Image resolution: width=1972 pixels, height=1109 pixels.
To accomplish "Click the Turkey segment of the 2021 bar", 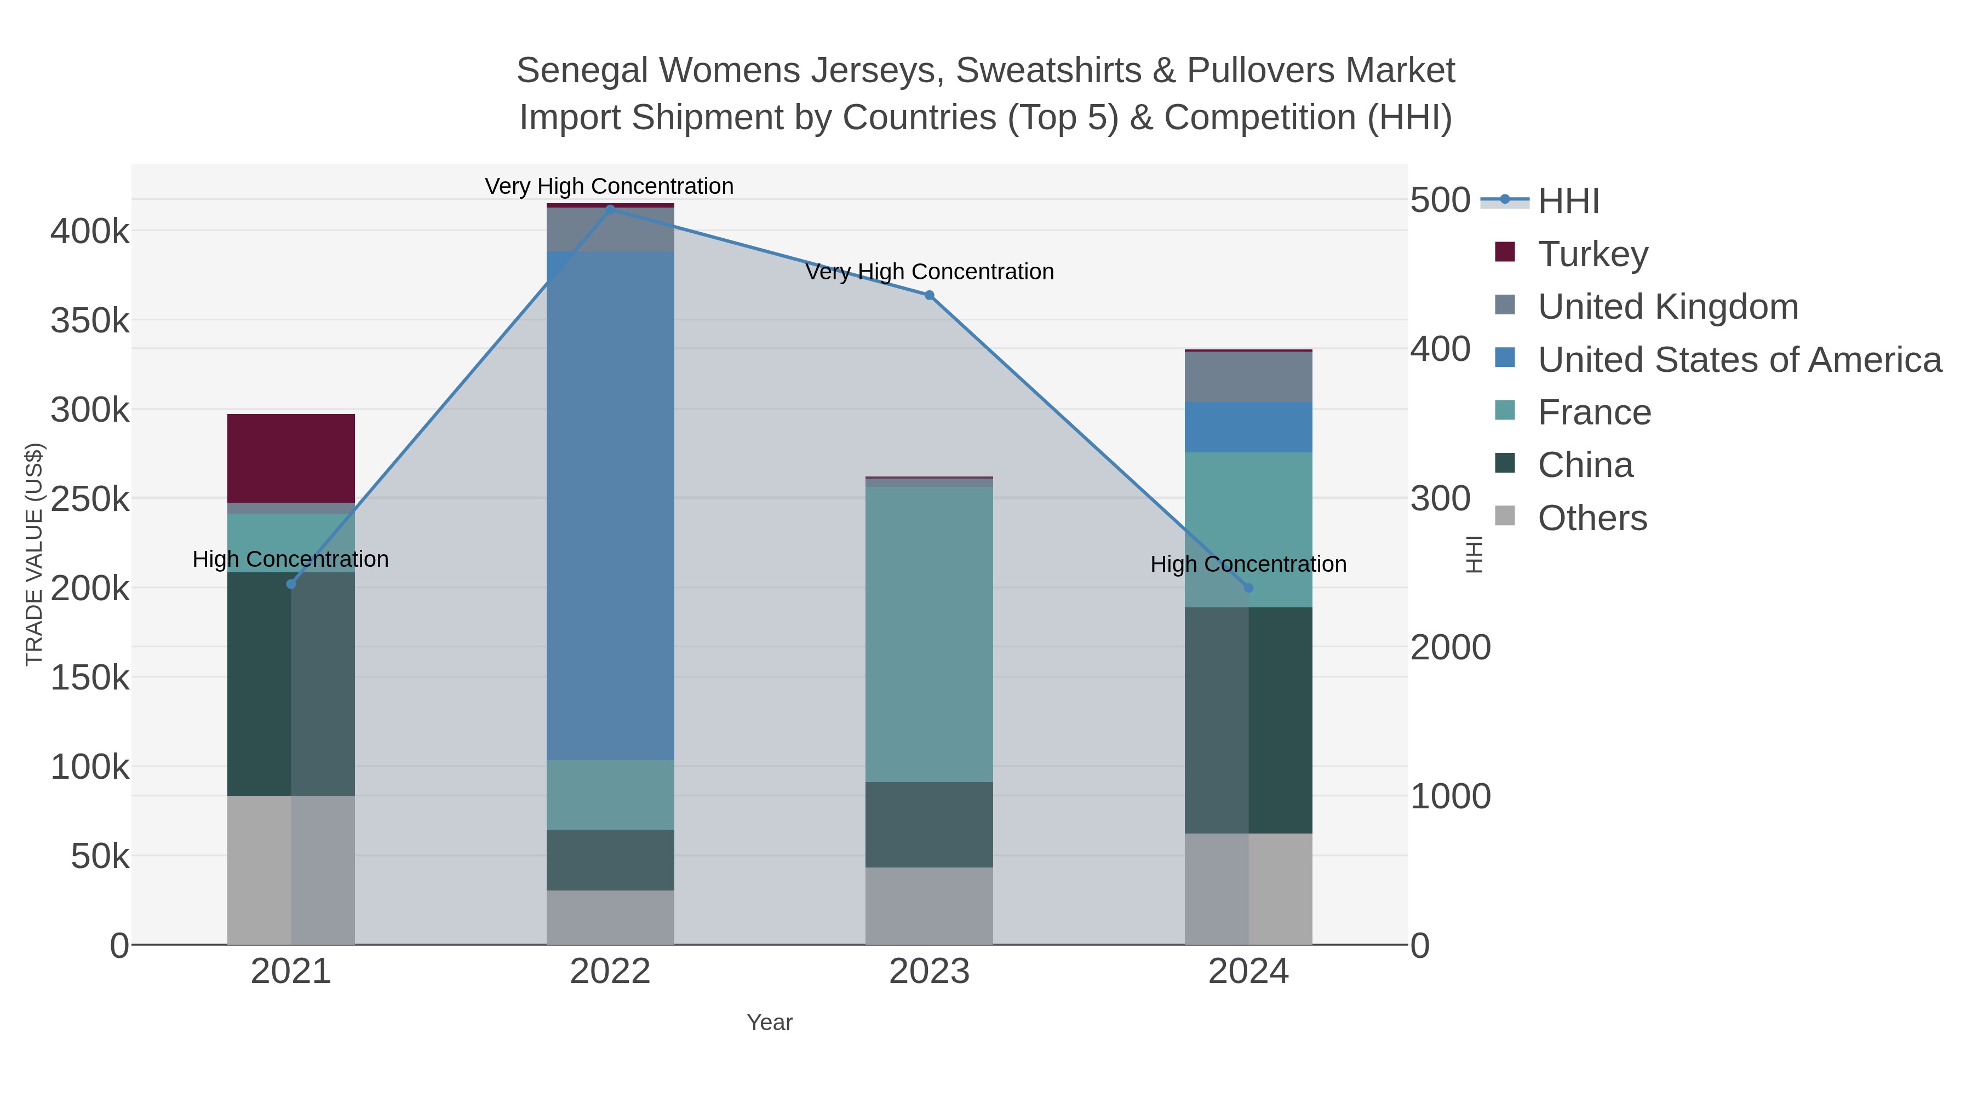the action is (x=291, y=458).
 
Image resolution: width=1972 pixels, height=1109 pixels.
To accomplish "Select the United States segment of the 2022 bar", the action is (x=610, y=505).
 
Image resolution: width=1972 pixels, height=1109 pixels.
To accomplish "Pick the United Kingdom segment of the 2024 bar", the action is (x=1248, y=377).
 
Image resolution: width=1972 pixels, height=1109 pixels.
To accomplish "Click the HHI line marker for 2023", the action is (x=930, y=295).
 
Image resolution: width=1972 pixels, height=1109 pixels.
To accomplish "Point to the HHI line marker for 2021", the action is (x=291, y=584).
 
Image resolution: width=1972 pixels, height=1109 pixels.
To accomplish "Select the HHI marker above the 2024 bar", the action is (x=1248, y=588).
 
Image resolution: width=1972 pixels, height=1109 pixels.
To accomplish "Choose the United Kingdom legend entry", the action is (x=1646, y=306).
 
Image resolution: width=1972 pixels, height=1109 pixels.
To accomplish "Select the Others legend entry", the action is (x=1570, y=518).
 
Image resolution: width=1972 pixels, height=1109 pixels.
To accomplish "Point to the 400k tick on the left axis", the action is (x=90, y=231).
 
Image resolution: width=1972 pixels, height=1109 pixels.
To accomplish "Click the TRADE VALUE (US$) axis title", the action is (x=35, y=554).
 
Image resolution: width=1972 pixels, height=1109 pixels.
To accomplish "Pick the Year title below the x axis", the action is (x=770, y=1022).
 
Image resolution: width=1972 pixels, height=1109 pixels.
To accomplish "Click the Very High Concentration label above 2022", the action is (x=609, y=186).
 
